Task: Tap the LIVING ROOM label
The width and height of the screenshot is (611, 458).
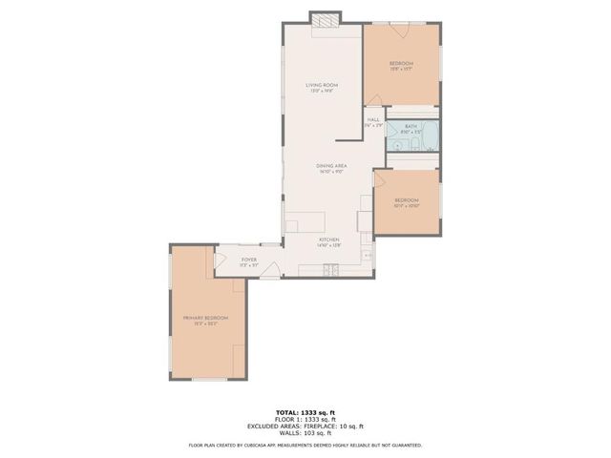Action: click(x=322, y=87)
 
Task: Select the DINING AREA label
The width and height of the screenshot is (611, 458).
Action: click(x=331, y=167)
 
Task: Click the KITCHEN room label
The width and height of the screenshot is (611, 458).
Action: click(x=328, y=240)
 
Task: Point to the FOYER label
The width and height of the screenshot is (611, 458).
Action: click(x=248, y=259)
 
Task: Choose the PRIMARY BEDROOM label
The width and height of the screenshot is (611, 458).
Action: click(x=205, y=319)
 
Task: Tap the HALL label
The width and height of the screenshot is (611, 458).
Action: click(x=372, y=120)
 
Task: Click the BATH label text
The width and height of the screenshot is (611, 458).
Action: click(x=411, y=126)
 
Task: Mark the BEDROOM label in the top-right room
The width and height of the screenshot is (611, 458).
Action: click(x=401, y=63)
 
